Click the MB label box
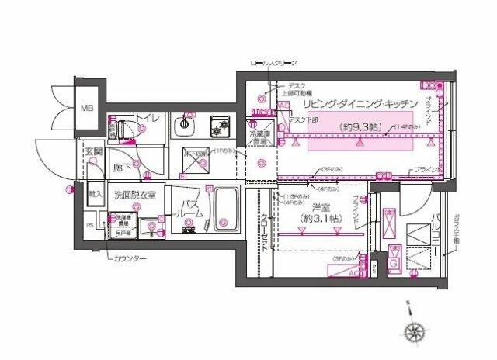point(87,108)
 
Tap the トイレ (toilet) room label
point(148,118)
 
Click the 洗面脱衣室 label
point(134,195)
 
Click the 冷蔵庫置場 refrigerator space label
point(259,137)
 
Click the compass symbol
point(414,333)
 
